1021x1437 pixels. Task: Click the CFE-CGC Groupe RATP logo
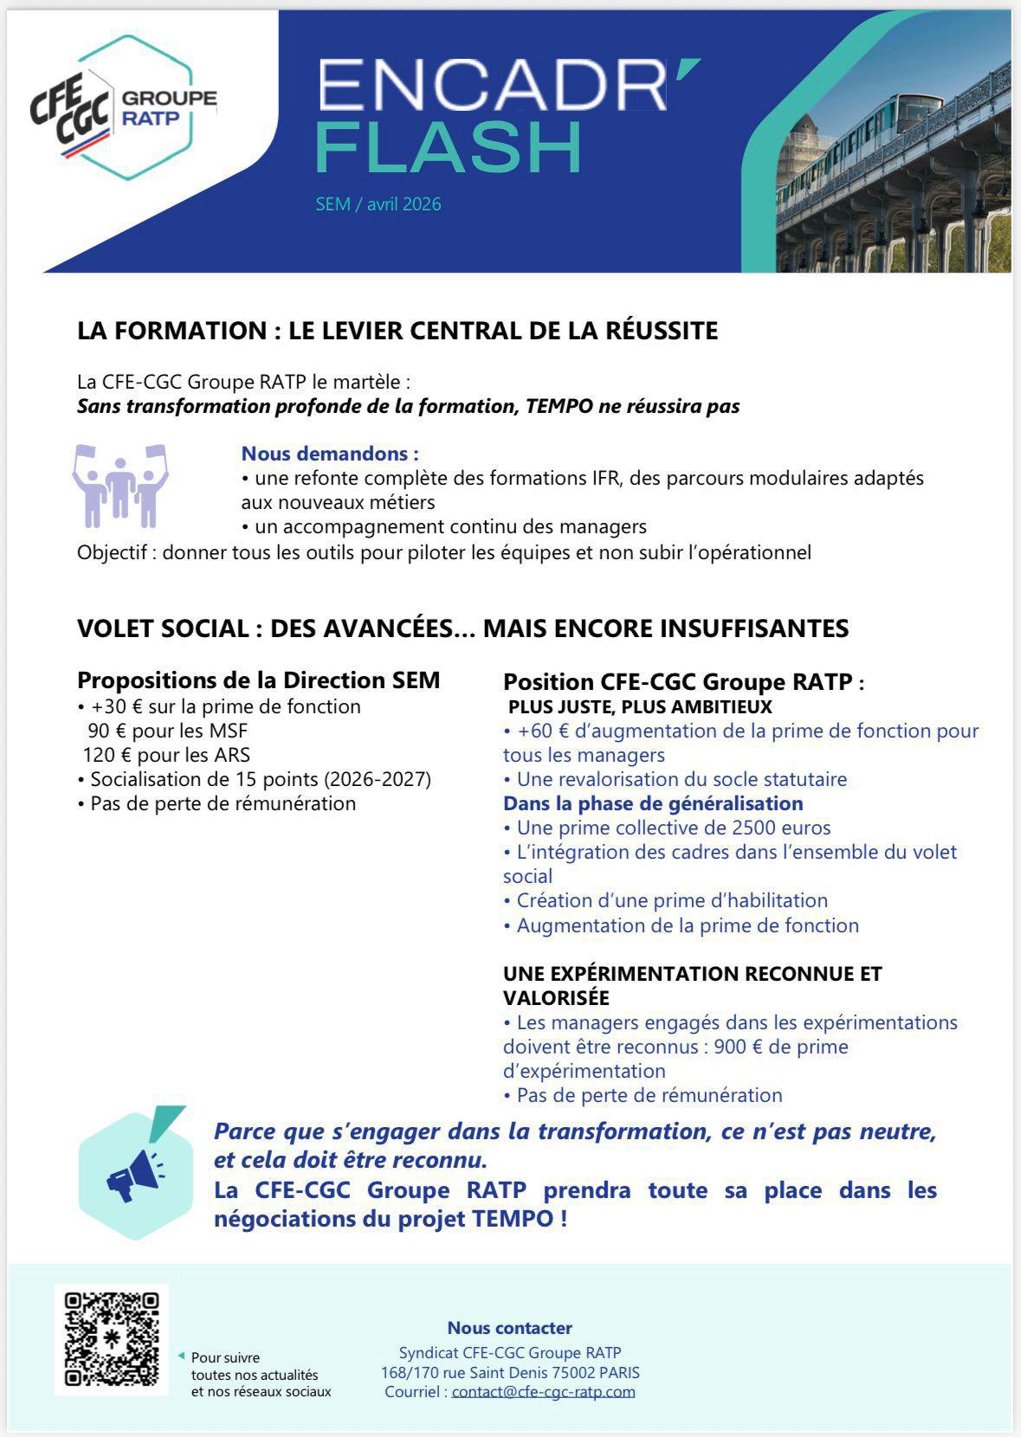coord(121,108)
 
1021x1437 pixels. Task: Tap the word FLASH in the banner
coord(449,147)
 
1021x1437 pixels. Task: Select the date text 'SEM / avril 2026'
coord(378,204)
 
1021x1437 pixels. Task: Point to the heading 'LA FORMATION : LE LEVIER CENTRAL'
coord(397,331)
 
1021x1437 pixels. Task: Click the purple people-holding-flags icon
coord(120,487)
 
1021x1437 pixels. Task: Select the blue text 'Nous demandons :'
coord(330,454)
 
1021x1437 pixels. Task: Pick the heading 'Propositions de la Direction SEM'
coord(258,680)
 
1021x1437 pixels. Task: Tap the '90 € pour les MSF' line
coord(168,731)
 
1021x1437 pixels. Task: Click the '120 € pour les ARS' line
coord(166,755)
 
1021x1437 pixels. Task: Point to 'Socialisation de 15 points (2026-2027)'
coord(261,779)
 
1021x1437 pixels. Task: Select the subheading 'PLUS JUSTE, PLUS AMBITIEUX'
coord(640,706)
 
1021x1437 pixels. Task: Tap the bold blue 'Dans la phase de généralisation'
coord(653,803)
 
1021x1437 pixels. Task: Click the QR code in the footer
coord(113,1338)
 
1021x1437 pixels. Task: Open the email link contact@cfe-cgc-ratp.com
coord(543,1392)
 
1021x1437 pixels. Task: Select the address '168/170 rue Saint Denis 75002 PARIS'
coord(510,1372)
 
